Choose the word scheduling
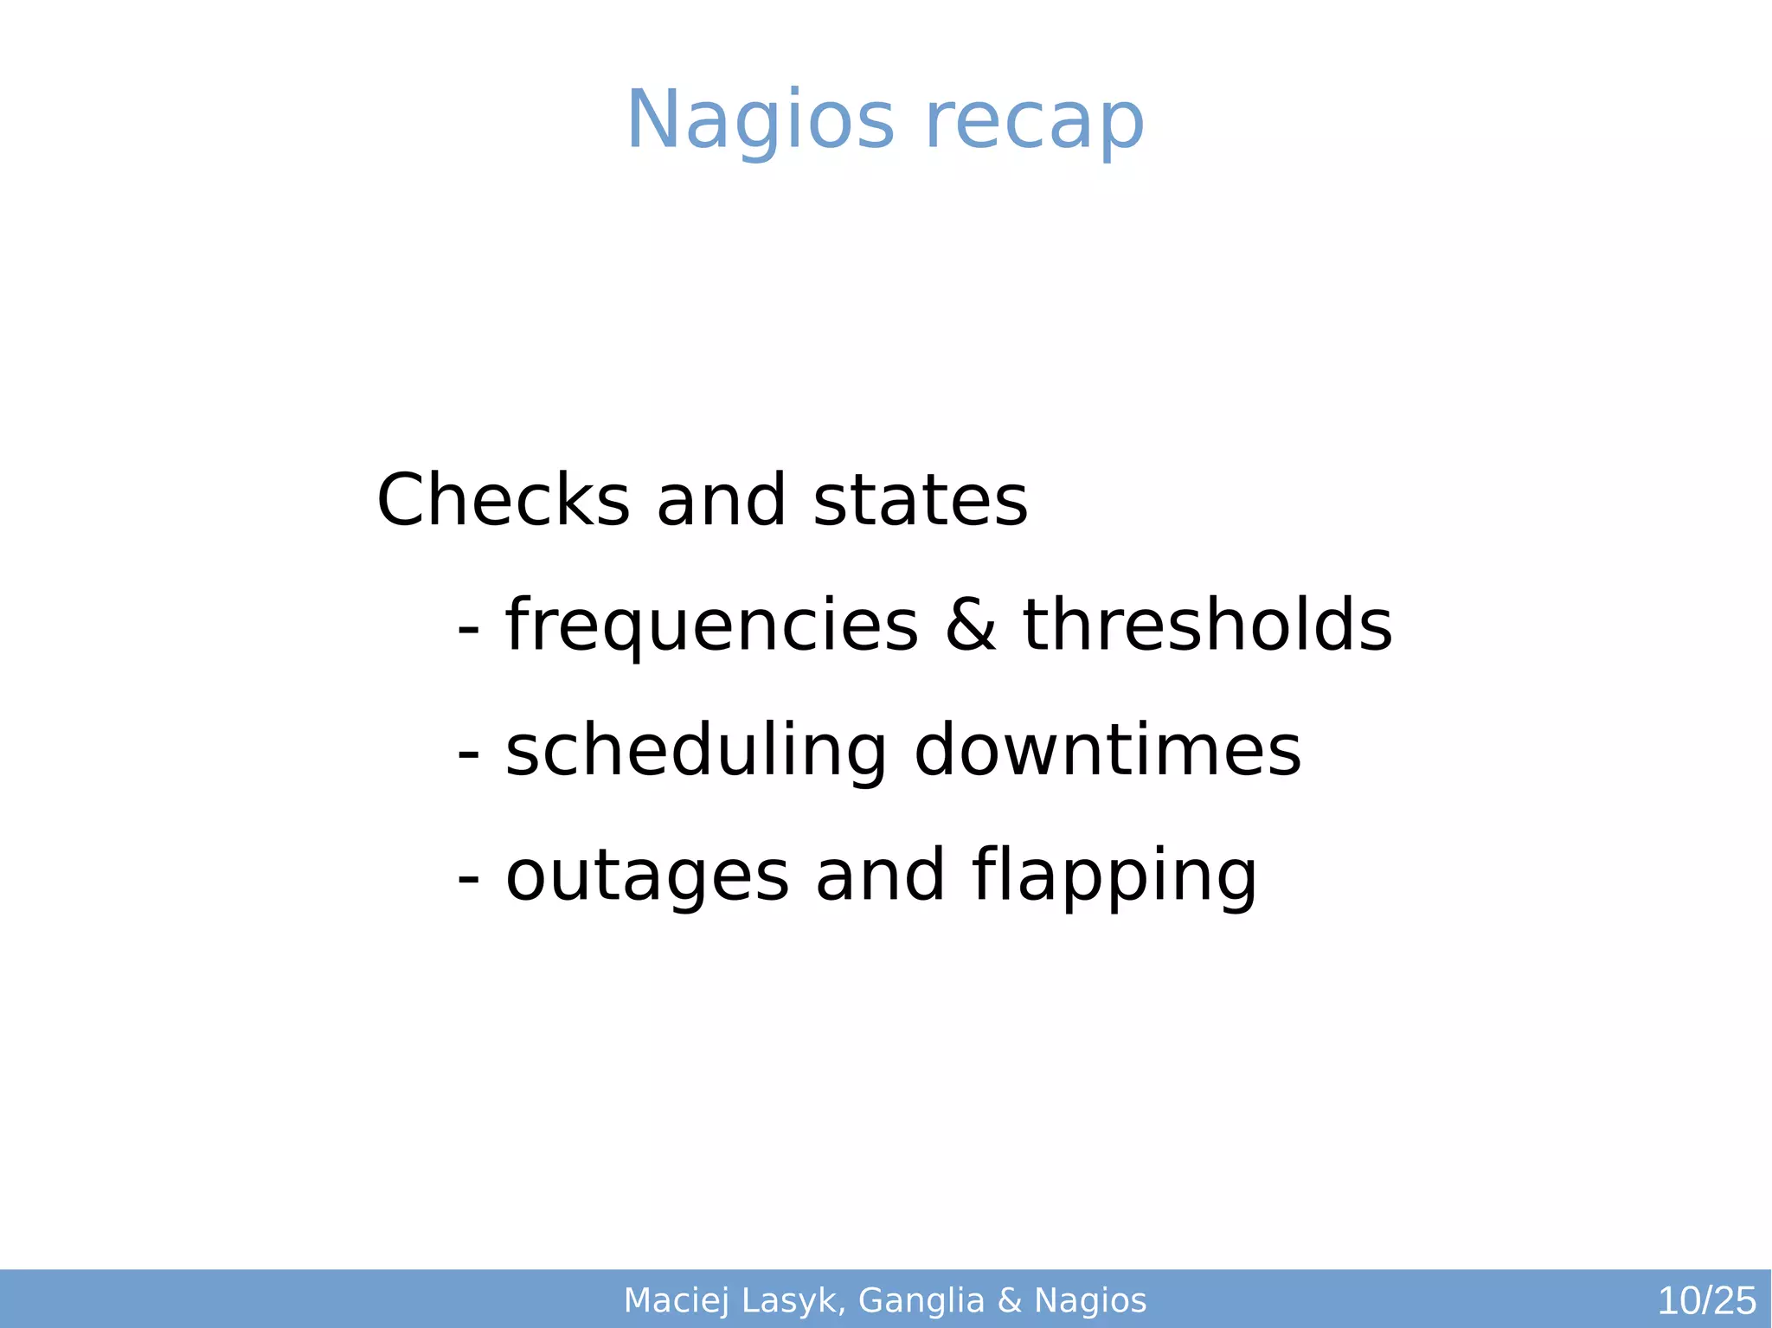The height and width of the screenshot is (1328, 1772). point(696,750)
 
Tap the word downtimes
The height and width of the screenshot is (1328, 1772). point(1107,750)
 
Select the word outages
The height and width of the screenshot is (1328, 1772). point(647,875)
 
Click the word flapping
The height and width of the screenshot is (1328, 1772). point(1114,875)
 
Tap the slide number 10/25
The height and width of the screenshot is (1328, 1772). point(1706,1300)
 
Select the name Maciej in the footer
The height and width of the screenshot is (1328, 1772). point(677,1300)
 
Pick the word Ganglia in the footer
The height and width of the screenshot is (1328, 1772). point(921,1300)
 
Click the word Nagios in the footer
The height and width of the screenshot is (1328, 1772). point(1090,1300)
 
